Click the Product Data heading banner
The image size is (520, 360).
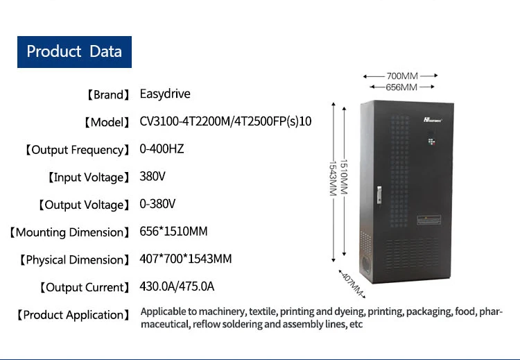coord(74,51)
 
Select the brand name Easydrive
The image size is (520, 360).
coord(165,94)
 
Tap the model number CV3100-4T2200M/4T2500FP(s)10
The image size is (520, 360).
coord(226,121)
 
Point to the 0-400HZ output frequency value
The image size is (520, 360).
coord(162,149)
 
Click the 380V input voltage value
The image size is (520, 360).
coord(153,177)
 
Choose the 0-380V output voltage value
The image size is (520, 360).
coord(157,204)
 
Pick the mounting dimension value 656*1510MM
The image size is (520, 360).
coord(173,232)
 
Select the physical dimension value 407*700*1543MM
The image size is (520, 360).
coord(186,259)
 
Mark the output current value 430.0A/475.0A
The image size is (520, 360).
coord(177,286)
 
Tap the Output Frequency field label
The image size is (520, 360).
coord(77,150)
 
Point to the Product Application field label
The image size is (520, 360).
coord(73,315)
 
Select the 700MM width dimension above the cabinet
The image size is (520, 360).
coord(401,75)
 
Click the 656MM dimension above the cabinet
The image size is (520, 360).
coord(401,87)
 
